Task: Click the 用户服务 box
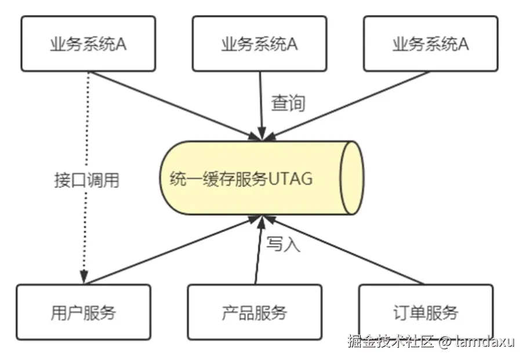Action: pyautogui.click(x=84, y=312)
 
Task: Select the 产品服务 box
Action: pyautogui.click(x=255, y=312)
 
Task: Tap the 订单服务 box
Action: pyautogui.click(x=426, y=312)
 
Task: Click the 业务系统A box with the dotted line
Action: pyautogui.click(x=88, y=44)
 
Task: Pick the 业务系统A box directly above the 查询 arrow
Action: pyautogui.click(x=259, y=44)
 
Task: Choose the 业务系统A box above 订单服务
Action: pyautogui.click(x=430, y=44)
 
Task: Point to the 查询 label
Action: pyautogui.click(x=288, y=104)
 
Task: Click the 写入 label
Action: pyautogui.click(x=283, y=244)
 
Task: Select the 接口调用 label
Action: pyautogui.click(x=86, y=180)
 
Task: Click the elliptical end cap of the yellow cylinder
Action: pyautogui.click(x=351, y=178)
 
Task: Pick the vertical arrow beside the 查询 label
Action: pyautogui.click(x=261, y=104)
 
